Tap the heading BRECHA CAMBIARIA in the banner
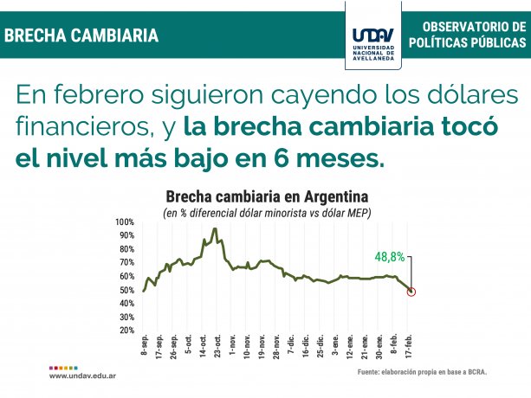tap(82, 35)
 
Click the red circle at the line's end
tap(411, 291)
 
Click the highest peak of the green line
tap(214, 229)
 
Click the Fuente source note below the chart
tap(422, 372)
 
